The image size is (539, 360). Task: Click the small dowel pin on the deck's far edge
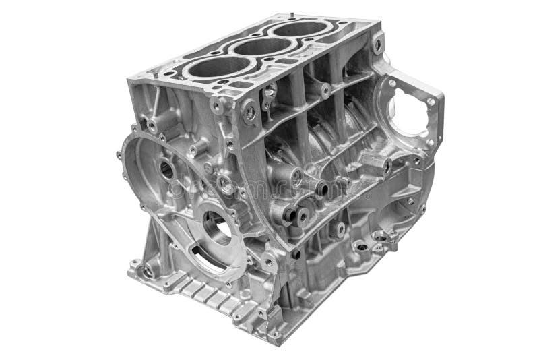point(292,13)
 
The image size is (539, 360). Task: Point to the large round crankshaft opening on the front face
point(217,227)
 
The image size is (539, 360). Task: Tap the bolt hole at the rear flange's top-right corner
point(431,102)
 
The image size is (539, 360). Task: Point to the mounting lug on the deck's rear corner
point(378,44)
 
